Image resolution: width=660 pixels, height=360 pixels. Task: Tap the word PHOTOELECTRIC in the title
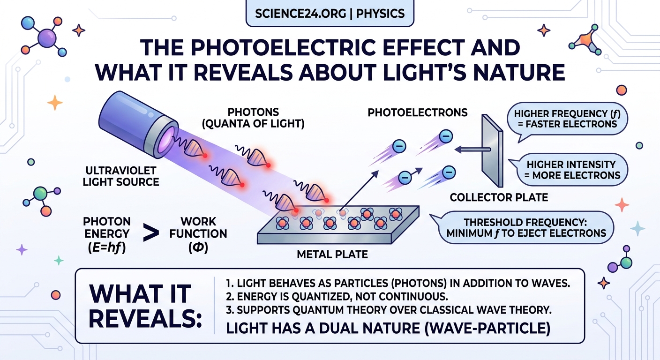coord(253,48)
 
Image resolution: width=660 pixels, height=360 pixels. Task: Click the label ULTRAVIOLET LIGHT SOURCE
coord(120,176)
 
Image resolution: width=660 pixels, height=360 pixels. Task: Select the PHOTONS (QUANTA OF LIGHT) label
coord(266,118)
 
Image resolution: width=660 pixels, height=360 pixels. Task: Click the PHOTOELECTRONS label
coord(418,112)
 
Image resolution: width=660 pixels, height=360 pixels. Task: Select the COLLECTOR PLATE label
coord(499,197)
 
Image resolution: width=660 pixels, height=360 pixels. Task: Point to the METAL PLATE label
coord(332,255)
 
